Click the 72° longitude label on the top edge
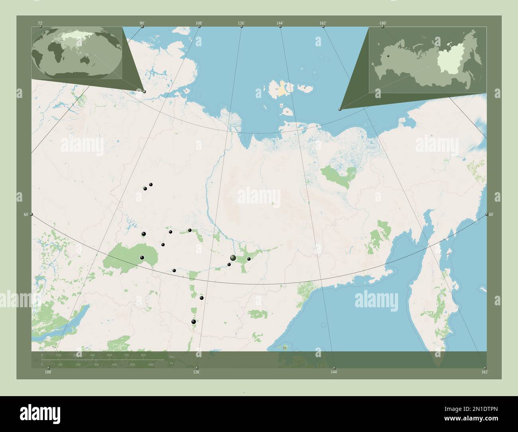40,24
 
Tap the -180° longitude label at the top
382,23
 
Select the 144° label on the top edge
280,24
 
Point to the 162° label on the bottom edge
484,372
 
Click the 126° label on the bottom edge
196,372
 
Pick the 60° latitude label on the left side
26,214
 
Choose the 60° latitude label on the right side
491,214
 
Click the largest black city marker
233,258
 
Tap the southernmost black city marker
194,322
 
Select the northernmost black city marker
151,185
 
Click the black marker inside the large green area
142,258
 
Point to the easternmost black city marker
249,259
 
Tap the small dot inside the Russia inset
388,56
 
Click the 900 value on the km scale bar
143,355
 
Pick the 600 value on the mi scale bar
151,365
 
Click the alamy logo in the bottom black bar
40,412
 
